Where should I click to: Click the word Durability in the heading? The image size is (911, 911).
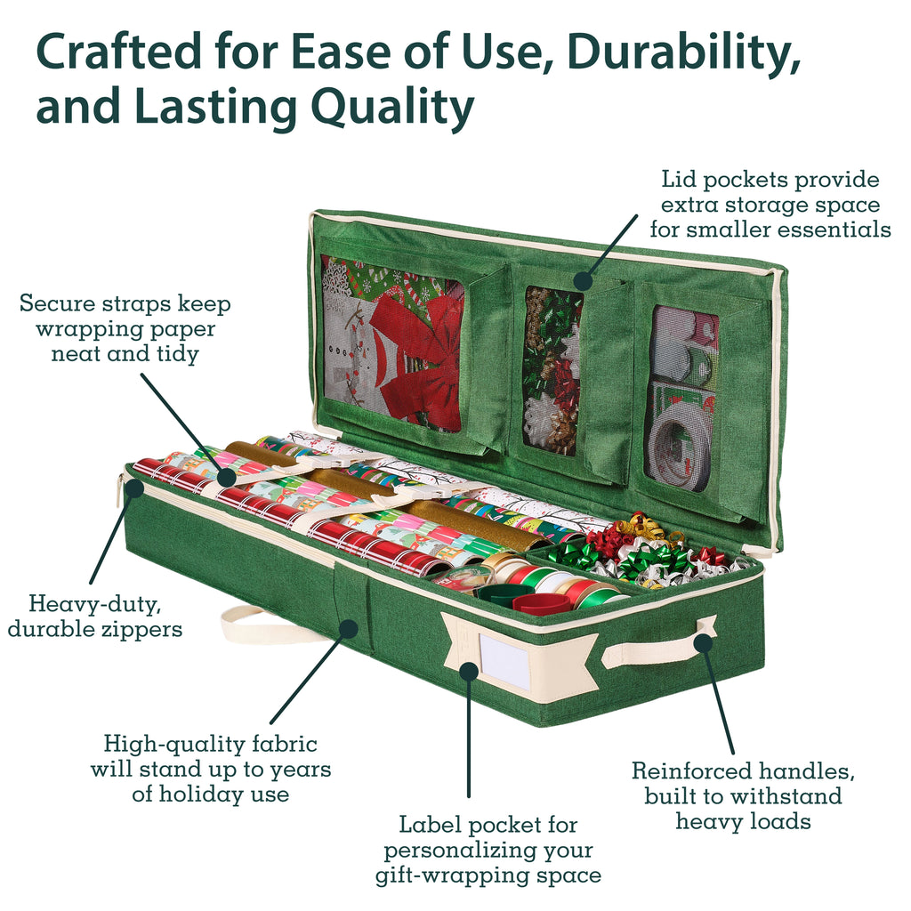click(685, 53)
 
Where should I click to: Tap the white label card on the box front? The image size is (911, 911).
click(504, 664)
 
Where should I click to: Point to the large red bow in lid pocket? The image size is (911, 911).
click(418, 356)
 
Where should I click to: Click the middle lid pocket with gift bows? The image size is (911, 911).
click(552, 369)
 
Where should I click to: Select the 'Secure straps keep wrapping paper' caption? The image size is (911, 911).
click(125, 328)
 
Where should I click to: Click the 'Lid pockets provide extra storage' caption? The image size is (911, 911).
click(770, 205)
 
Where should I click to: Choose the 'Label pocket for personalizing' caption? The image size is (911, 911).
click(488, 850)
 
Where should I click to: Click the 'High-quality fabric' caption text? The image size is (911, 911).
click(211, 768)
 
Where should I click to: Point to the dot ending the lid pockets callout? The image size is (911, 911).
click(583, 280)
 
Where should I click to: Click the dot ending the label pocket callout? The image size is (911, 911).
click(468, 671)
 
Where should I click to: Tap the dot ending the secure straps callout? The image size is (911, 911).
click(228, 478)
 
